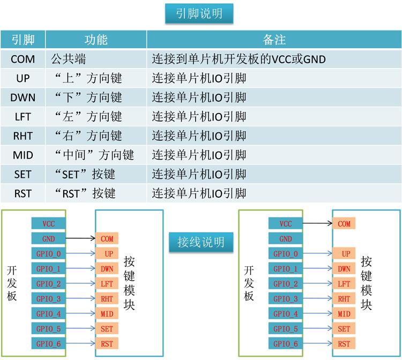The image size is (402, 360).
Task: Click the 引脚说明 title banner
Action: pos(199,13)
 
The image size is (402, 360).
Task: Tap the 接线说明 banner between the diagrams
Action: pos(201,242)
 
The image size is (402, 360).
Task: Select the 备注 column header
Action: pos(274,40)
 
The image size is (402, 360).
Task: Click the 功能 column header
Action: pos(96,40)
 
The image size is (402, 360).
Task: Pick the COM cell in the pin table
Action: pos(23,59)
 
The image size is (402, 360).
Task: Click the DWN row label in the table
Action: pos(23,97)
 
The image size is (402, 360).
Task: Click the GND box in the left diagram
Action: pos(48,238)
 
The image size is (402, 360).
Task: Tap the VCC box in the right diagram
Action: pos(286,223)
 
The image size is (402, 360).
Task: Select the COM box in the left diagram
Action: pos(107,238)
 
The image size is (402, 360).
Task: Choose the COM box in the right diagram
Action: pos(344,223)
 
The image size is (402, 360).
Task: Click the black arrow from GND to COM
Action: pos(80,238)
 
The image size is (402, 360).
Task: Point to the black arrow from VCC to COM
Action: pos(318,223)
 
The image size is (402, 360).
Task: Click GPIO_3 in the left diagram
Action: pos(48,298)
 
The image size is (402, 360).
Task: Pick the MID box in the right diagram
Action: pos(344,313)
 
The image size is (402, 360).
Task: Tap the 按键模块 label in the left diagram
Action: pos(129,283)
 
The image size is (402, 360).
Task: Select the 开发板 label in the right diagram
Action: pos(249,283)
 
